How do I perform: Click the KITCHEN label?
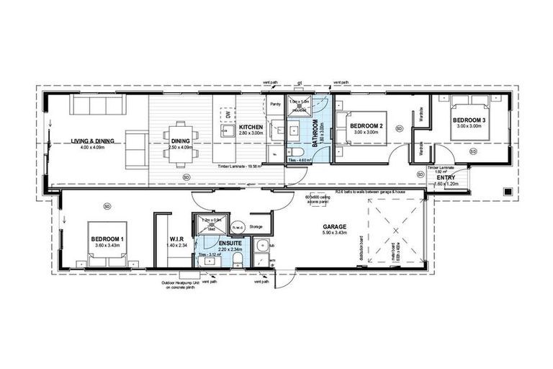click(252, 127)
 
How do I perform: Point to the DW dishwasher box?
click(228, 114)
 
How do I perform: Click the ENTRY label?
click(444, 177)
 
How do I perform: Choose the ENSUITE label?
click(217, 242)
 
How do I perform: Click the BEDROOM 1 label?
click(107, 239)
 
